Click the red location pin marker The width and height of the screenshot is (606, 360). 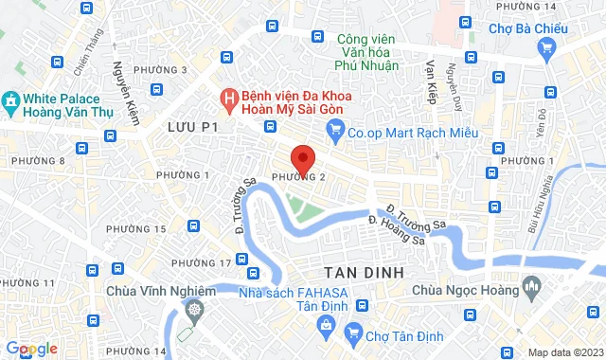(302, 157)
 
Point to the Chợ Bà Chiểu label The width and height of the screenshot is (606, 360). (526, 28)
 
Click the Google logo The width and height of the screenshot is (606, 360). (30, 349)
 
